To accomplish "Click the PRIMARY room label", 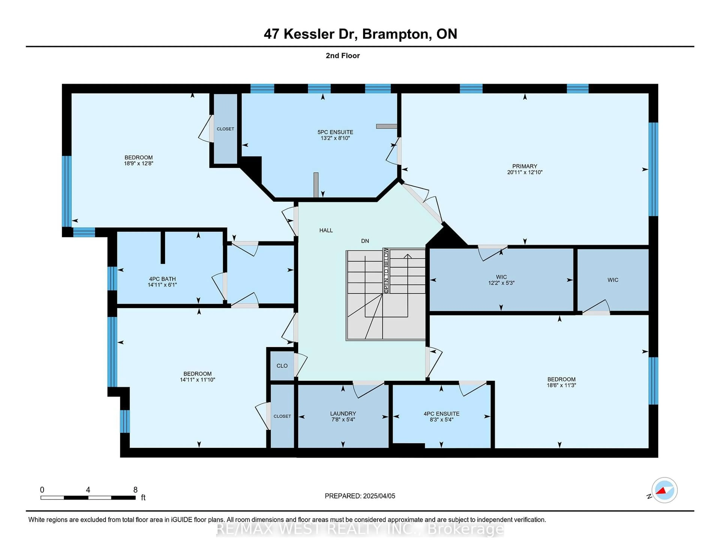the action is [524, 166].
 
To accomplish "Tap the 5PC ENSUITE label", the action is [335, 132].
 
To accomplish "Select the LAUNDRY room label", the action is [343, 413].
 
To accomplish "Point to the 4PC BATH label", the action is [162, 279].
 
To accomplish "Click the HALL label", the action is [326, 230].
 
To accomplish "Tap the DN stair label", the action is [365, 241].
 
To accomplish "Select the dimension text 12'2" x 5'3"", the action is [501, 283].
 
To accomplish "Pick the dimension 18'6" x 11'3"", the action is [561, 385].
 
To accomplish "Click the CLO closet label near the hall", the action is [282, 366].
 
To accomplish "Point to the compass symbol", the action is [664, 490].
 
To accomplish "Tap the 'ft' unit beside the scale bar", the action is [143, 497].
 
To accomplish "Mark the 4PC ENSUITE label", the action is [441, 414].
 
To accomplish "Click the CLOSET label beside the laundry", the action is [282, 416].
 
